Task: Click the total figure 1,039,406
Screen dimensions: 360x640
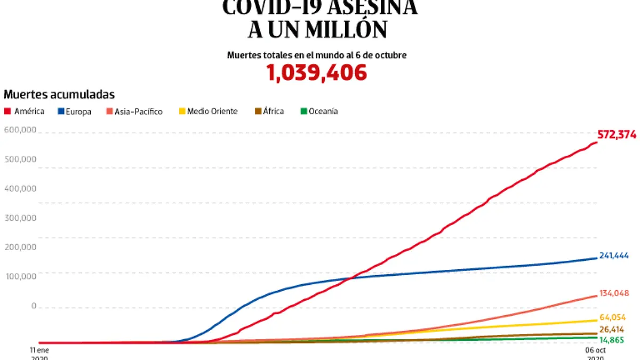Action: tap(317, 73)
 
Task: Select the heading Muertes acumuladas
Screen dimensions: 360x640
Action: tap(59, 95)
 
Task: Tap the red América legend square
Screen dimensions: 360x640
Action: tap(7, 111)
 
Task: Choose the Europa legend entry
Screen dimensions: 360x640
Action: tap(75, 111)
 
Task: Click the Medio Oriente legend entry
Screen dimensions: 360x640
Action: tap(208, 111)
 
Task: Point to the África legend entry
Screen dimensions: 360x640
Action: tap(269, 111)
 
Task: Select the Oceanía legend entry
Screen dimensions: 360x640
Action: tap(319, 111)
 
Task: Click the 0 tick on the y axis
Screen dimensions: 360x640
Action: tap(34, 306)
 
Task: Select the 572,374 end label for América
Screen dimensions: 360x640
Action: tap(617, 135)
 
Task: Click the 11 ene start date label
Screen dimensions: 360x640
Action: tap(39, 350)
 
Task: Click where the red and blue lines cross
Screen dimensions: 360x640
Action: tap(349, 278)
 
